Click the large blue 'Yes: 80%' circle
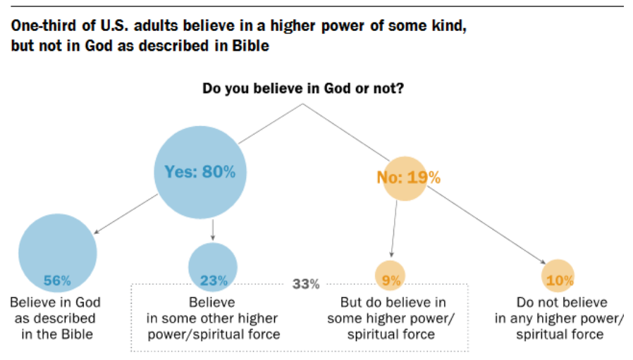tap(200, 173)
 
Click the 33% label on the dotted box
tap(305, 285)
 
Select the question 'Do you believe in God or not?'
tap(303, 89)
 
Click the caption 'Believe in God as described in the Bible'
tap(56, 318)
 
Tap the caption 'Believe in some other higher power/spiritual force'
tap(213, 318)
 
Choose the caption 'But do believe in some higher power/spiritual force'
tap(391, 318)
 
